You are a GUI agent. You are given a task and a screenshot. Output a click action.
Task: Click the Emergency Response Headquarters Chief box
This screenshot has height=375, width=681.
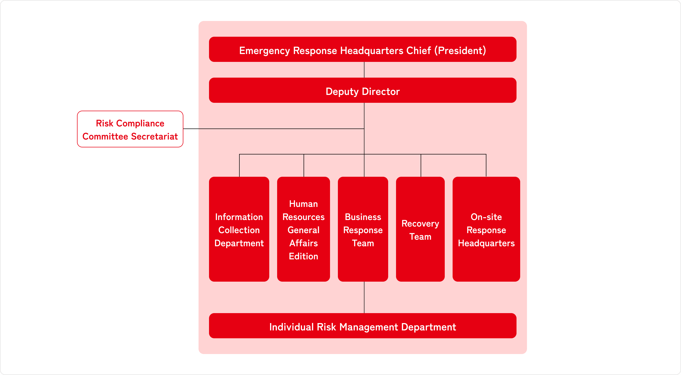pos(363,50)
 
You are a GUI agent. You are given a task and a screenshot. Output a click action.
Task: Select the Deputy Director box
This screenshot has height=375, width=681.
pos(363,90)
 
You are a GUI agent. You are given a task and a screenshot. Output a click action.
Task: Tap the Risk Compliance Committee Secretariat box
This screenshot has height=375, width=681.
pos(130,129)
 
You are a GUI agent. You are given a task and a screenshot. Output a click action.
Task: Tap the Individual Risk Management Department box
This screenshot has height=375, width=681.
pos(363,326)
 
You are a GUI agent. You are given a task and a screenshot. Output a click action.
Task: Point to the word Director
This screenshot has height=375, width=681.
pos(381,92)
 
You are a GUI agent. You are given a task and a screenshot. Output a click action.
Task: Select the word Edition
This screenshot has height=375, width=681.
pos(304,256)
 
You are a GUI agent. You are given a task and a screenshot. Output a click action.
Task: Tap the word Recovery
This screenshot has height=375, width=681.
pos(420,224)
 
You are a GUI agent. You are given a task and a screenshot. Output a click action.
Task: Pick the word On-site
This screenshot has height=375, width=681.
pos(486,217)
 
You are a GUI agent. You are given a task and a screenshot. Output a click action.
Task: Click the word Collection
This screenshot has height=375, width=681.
pos(239,230)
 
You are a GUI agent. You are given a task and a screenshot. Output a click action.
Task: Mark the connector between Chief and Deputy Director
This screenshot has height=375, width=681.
pos(364,70)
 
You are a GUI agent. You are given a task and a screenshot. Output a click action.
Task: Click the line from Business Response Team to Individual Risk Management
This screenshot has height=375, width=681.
pos(364,297)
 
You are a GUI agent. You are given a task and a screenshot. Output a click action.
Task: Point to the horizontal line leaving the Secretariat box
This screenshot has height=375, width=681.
pos(264,129)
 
